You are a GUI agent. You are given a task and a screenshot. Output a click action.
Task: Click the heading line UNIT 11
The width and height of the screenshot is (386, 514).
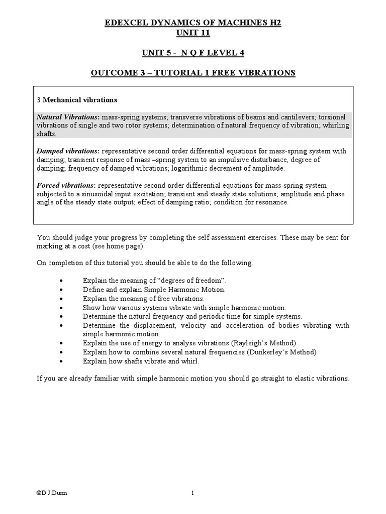pyautogui.click(x=192, y=33)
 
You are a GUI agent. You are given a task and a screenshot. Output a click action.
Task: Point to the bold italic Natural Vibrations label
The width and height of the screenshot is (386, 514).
pyautogui.click(x=68, y=117)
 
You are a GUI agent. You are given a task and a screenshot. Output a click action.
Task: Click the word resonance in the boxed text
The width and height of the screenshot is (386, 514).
pyautogui.click(x=272, y=202)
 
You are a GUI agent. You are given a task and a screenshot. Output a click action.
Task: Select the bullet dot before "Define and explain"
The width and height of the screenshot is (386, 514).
pyautogui.click(x=61, y=290)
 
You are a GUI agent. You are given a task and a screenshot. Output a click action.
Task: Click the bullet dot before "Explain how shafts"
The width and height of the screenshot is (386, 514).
pyautogui.click(x=61, y=361)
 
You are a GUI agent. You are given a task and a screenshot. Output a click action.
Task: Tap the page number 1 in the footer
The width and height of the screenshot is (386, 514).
pyautogui.click(x=192, y=493)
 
